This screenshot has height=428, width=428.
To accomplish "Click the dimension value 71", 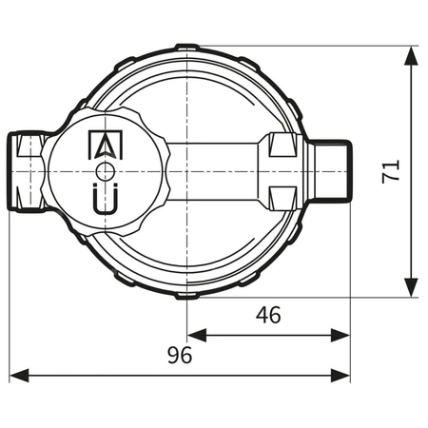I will click(x=391, y=171).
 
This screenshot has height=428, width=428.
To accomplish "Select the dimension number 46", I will click(x=268, y=315).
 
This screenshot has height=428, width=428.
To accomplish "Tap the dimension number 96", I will click(x=180, y=355).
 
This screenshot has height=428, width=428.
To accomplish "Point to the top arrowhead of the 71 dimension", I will click(x=411, y=55).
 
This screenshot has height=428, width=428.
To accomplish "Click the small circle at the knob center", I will click(x=105, y=170).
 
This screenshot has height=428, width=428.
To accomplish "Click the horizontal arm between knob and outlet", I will click(x=219, y=171).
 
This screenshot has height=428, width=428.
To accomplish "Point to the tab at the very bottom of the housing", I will click(x=188, y=295).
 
